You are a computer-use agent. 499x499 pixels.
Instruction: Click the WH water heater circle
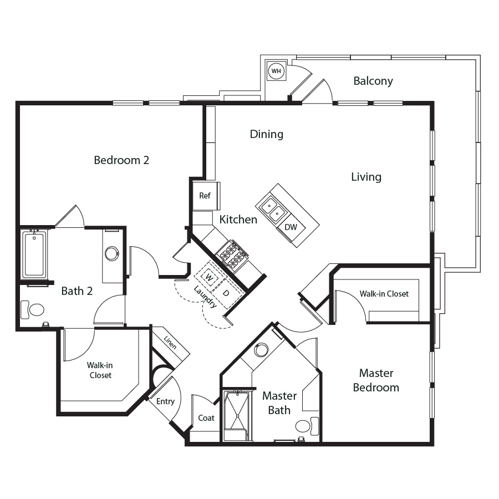[x=276, y=70]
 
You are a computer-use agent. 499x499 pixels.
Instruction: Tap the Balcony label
[x=373, y=81]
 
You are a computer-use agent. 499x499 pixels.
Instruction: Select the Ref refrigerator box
[x=205, y=196]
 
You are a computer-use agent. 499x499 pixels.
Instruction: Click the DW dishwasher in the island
[x=291, y=227]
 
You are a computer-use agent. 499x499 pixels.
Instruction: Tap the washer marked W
[x=209, y=277]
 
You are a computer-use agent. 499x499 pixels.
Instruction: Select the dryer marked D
[x=226, y=293]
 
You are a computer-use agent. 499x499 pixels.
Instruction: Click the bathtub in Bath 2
[x=34, y=254]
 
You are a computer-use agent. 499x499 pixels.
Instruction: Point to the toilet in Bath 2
[x=33, y=309]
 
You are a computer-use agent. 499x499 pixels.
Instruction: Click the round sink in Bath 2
[x=111, y=253]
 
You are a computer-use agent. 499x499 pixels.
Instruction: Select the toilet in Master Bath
[x=307, y=426]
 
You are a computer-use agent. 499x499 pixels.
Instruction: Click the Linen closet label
[x=170, y=342]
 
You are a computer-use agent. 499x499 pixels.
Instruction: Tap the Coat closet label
[x=206, y=418]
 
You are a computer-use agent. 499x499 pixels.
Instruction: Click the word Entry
[x=165, y=401]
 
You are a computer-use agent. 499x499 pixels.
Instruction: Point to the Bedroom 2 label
[x=121, y=160]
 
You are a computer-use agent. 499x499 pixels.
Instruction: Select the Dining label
[x=266, y=134]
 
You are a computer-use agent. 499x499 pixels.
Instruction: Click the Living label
[x=366, y=177]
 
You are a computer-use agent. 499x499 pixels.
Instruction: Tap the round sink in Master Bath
[x=262, y=349]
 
